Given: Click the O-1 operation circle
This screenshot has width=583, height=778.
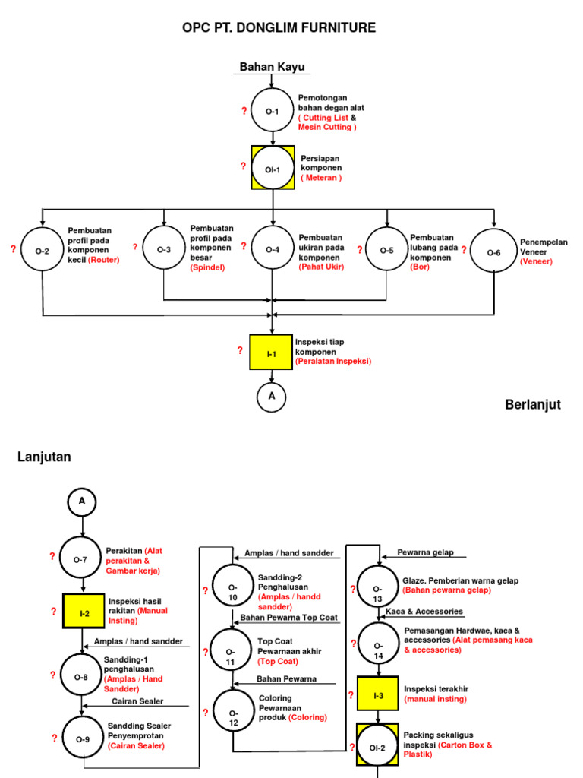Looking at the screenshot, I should (272, 111).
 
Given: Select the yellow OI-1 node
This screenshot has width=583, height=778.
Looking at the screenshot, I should (272, 168).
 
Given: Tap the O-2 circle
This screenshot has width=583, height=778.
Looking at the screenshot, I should (42, 249).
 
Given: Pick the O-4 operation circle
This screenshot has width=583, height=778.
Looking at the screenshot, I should (272, 248).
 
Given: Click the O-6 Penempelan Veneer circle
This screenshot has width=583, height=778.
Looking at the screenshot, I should (493, 251).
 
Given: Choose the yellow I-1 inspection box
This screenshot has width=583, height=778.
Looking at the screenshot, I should (271, 353).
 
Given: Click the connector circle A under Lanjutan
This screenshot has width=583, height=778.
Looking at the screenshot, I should (82, 501).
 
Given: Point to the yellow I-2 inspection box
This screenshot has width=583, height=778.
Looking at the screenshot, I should (84, 612).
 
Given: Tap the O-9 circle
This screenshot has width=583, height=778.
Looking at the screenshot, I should (82, 738).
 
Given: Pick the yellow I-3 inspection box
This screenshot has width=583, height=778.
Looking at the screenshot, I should (378, 694).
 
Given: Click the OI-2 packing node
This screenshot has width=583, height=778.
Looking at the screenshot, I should (378, 745).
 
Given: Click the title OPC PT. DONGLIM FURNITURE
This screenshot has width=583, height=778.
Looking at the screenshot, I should (279, 28).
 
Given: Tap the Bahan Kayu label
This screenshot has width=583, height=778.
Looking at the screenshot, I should (272, 67).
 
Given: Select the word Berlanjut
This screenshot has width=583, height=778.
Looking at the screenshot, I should (533, 405).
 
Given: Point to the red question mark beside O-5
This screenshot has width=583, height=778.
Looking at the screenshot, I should (359, 249).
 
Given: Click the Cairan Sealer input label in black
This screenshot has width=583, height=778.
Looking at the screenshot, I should (138, 701).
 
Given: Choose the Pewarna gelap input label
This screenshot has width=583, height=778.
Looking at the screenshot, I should (425, 552).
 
